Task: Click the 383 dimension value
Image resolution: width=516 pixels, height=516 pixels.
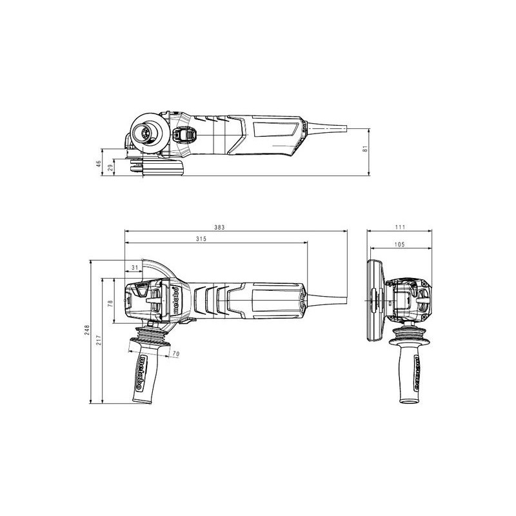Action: pyautogui.click(x=219, y=228)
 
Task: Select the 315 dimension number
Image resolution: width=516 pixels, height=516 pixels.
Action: pyautogui.click(x=201, y=239)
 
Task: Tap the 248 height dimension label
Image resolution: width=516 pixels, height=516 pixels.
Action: pyautogui.click(x=87, y=330)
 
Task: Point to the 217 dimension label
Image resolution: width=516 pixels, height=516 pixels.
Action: pyautogui.click(x=99, y=340)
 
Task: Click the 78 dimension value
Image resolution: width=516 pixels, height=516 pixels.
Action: pyautogui.click(x=110, y=303)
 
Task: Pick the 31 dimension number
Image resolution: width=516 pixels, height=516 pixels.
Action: pyautogui.click(x=135, y=268)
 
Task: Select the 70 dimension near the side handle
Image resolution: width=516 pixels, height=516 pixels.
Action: pyautogui.click(x=176, y=354)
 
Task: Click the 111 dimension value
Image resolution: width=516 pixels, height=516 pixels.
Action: pyautogui.click(x=401, y=227)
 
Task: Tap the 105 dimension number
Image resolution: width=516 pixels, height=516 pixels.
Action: pyautogui.click(x=399, y=244)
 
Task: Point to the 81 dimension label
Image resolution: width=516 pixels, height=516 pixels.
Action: pyautogui.click(x=364, y=148)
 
